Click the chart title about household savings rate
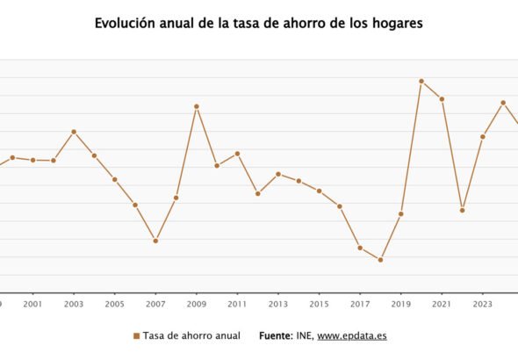coord(259,24)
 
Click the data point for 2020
coord(421,81)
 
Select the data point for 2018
coord(380,260)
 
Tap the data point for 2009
coord(197,106)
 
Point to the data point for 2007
coord(155,241)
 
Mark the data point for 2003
coord(74,132)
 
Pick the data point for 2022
coord(462,210)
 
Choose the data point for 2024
coord(503,103)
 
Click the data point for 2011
coord(237,154)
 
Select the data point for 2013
coord(278,174)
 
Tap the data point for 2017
coord(360,248)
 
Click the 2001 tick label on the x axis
coord(32,305)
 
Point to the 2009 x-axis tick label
coord(197,305)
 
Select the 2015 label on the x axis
coord(319,305)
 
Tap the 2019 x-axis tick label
coord(400,305)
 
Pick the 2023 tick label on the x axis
coord(482,305)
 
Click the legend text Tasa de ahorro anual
coord(191,335)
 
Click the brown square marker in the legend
coord(136,336)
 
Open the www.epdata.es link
coord(351,335)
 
